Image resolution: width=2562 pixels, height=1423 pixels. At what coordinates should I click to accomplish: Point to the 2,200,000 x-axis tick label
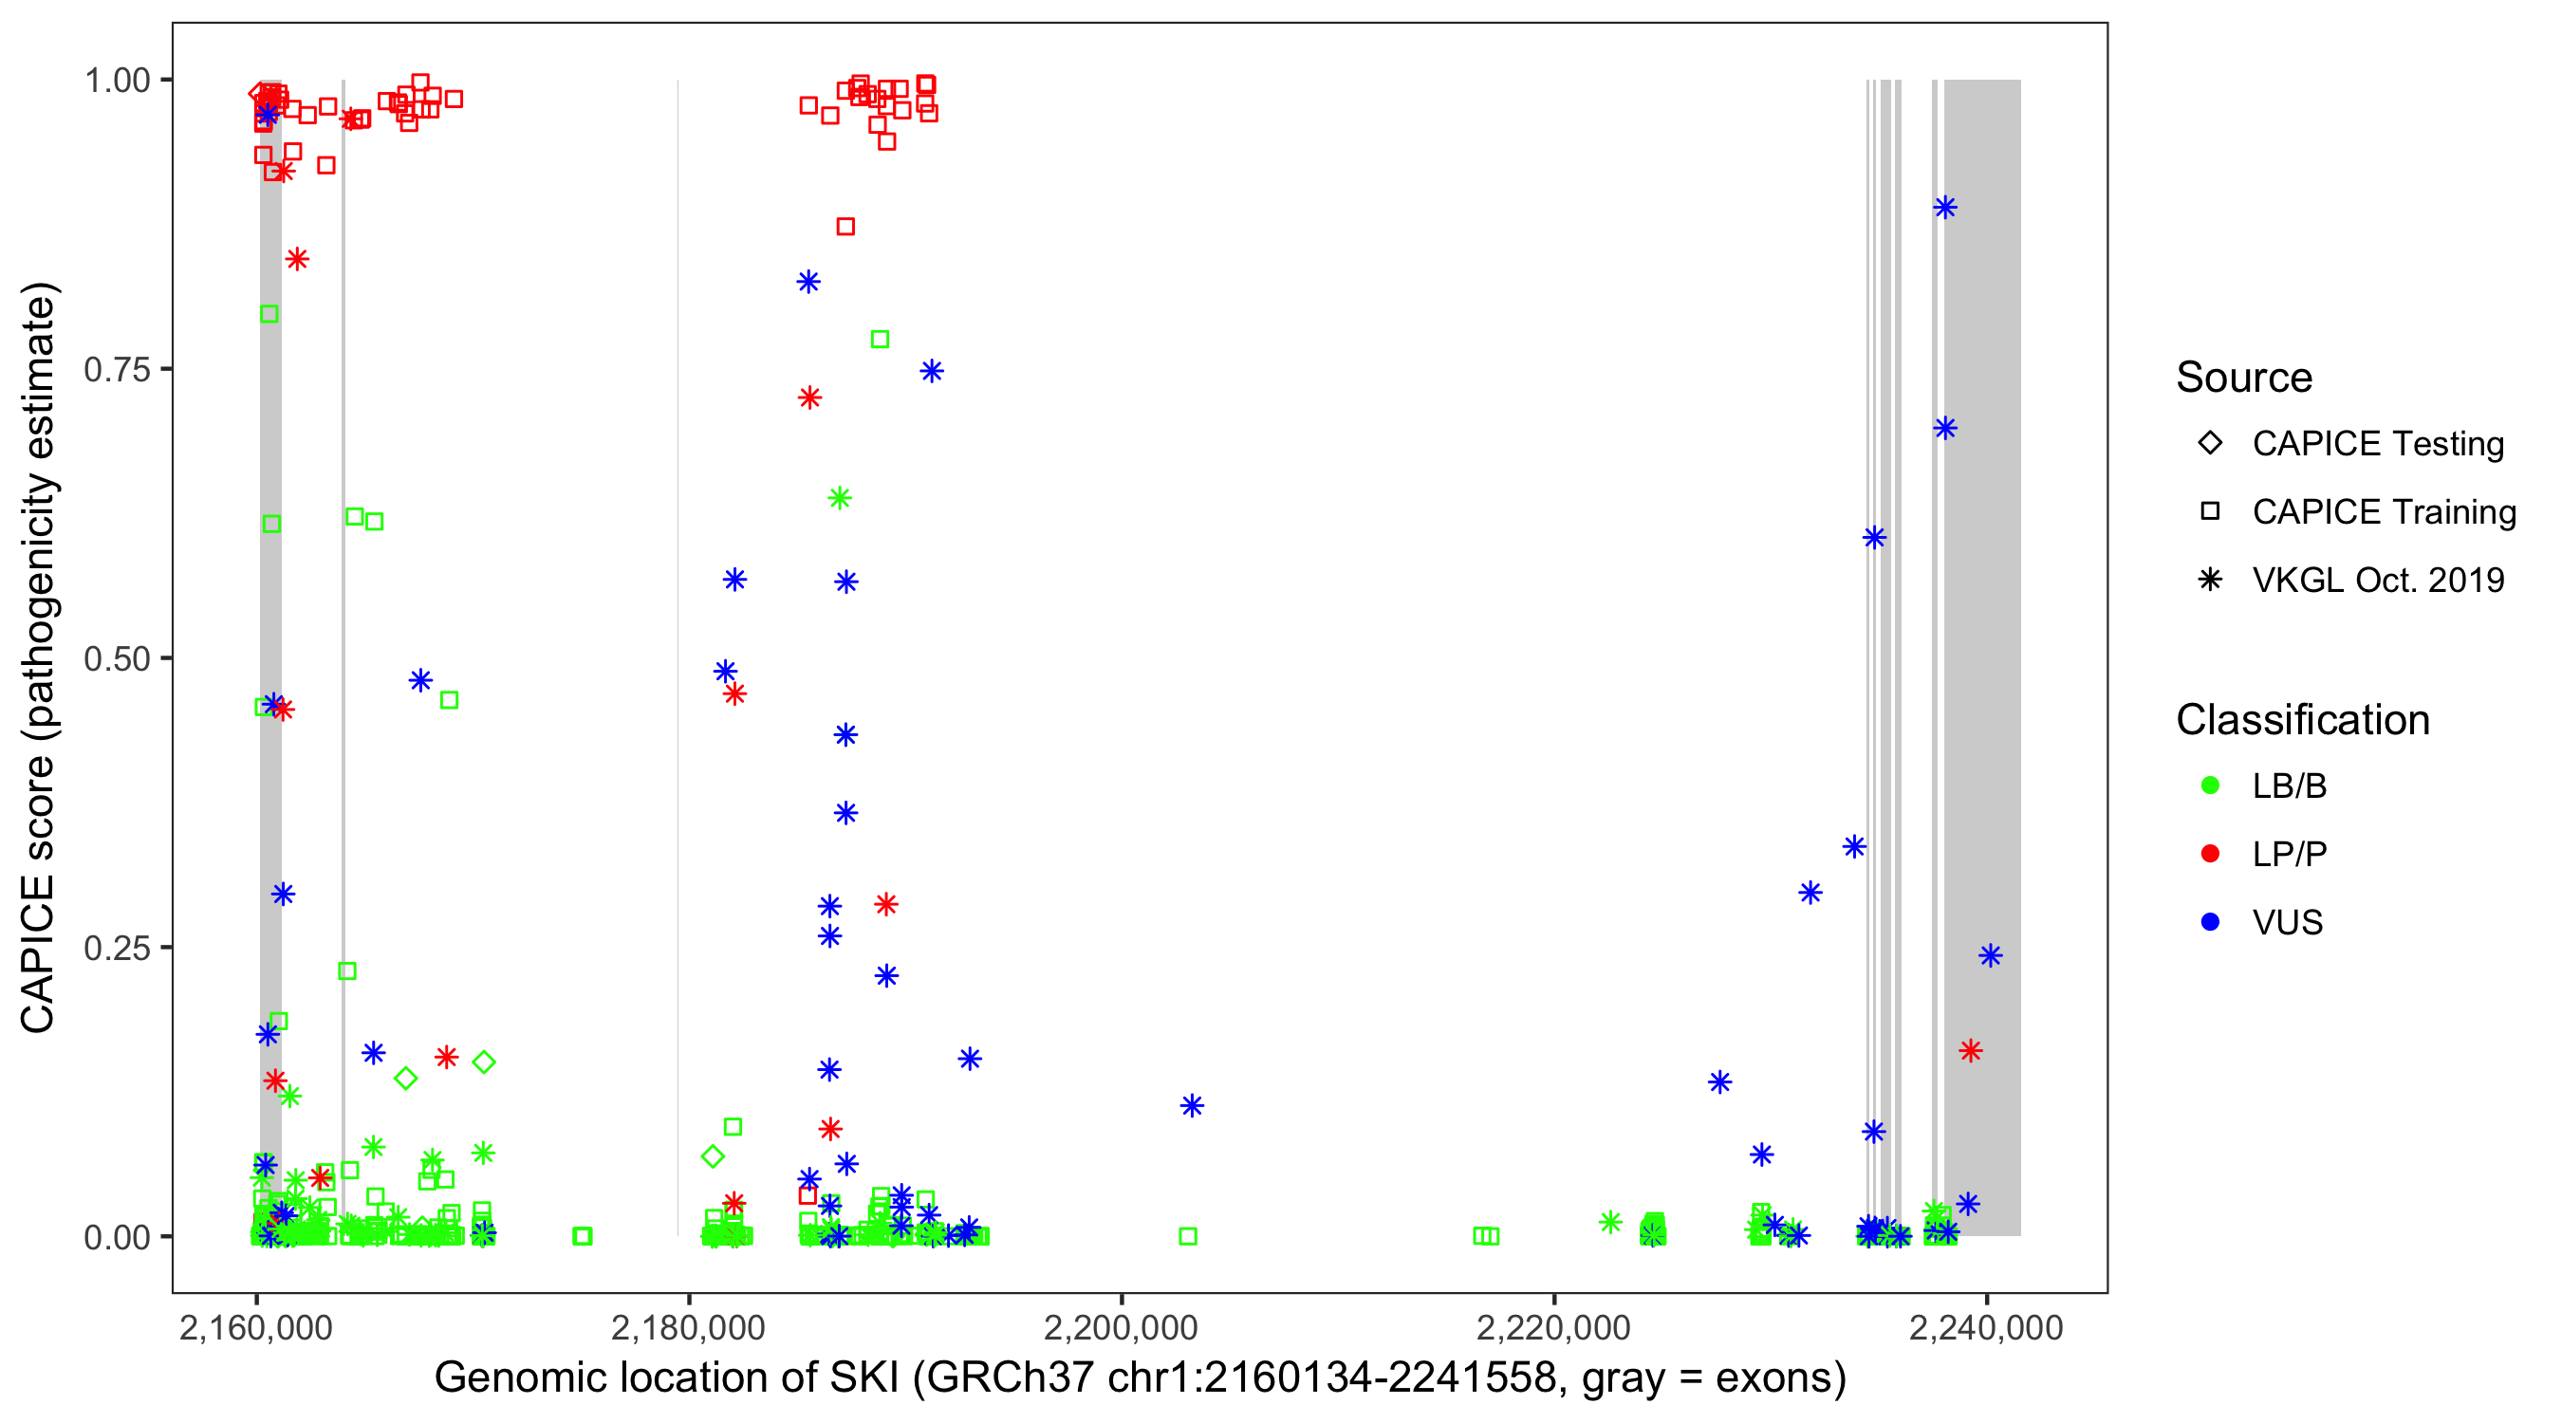[1120, 1327]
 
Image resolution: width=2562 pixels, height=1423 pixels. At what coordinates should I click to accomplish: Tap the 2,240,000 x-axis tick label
[1985, 1327]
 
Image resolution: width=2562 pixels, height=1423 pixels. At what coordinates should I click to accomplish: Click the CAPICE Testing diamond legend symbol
[2210, 444]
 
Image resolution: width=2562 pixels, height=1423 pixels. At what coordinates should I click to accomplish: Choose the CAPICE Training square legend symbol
[2210, 512]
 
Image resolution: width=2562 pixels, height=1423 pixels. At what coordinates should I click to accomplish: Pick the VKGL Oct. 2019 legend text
[2378, 581]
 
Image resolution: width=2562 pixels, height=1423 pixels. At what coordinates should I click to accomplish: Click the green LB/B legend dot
[2210, 785]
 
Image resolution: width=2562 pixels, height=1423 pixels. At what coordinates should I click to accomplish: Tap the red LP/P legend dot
[2210, 854]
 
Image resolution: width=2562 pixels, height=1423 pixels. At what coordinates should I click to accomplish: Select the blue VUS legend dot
[2210, 923]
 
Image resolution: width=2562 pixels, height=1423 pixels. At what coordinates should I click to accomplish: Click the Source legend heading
[2244, 378]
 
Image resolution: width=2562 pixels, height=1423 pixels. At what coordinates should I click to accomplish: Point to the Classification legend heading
[2302, 720]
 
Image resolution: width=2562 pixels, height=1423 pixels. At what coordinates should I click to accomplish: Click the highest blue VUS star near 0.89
[1944, 208]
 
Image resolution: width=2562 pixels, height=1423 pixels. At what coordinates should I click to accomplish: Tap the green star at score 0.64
[840, 498]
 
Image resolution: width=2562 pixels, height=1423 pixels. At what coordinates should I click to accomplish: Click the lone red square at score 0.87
[845, 227]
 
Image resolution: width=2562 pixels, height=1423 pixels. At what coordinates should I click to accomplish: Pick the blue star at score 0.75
[931, 372]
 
